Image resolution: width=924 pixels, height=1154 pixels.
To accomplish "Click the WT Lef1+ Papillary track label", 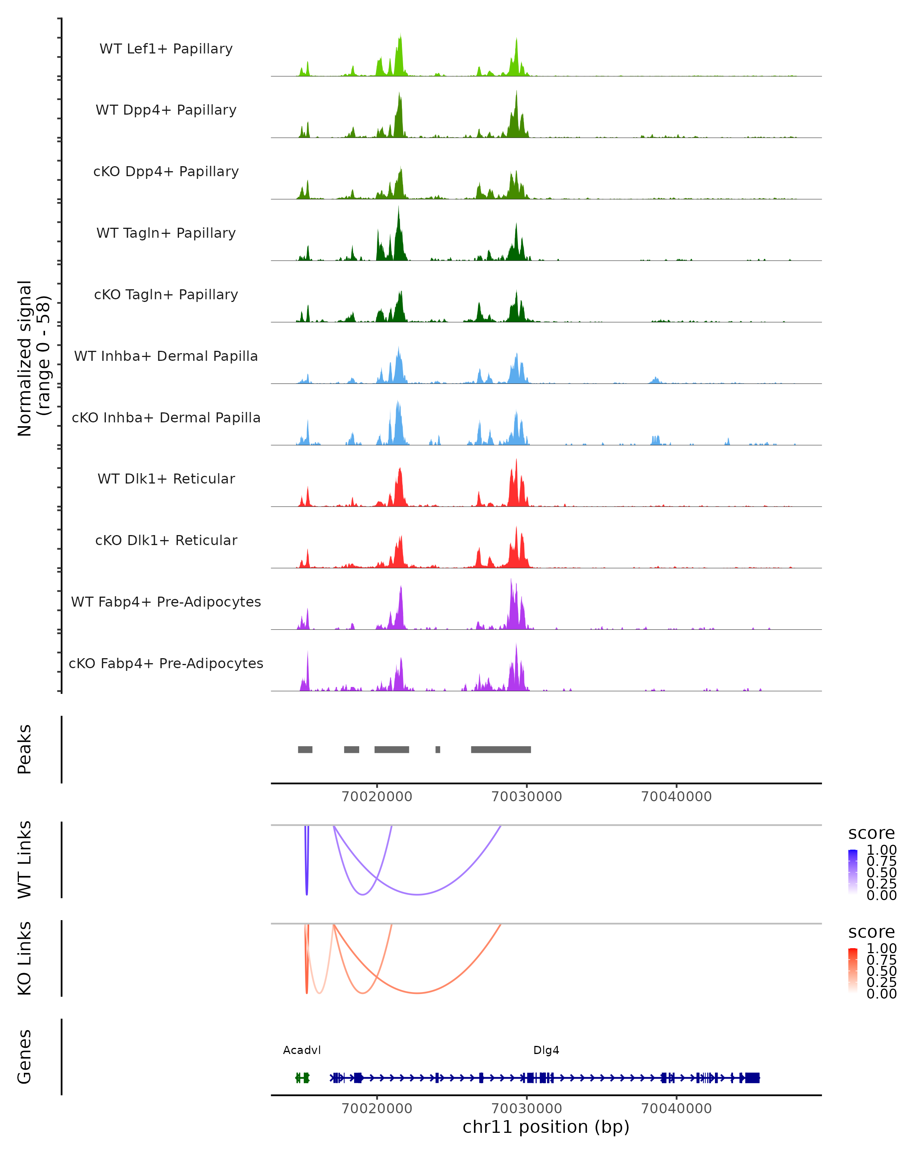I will (166, 49).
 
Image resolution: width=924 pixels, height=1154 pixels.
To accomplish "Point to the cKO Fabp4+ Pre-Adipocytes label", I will (166, 663).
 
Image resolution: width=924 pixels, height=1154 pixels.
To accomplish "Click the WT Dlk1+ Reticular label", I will (166, 479).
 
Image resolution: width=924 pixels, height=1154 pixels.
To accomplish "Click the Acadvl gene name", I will (301, 1050).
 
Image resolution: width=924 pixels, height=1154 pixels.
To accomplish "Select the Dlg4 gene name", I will (546, 1050).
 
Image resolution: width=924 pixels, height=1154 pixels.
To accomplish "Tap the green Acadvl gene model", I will (303, 1077).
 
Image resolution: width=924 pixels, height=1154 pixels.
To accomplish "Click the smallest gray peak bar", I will (438, 749).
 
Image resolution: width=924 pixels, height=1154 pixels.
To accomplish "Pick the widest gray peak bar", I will (501, 749).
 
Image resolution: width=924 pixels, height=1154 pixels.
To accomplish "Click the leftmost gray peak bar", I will (305, 749).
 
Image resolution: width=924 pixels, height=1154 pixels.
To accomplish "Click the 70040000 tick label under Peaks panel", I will (676, 797).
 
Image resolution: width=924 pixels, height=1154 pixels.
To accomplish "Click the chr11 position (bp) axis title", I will (546, 1127).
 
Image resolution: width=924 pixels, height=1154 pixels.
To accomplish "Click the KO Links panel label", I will (25, 958).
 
